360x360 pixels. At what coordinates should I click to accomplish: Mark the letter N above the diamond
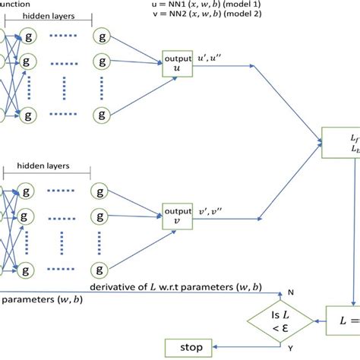point(290,292)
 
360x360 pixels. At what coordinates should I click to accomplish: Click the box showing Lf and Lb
point(342,144)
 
